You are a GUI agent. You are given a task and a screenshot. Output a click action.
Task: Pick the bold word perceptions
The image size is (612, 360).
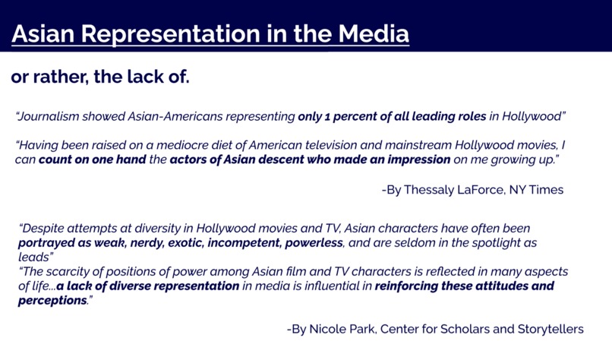pyautogui.click(x=52, y=301)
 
